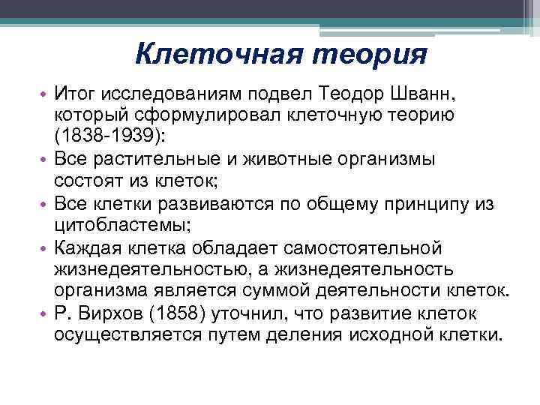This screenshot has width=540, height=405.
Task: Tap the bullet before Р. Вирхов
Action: click(44, 312)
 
